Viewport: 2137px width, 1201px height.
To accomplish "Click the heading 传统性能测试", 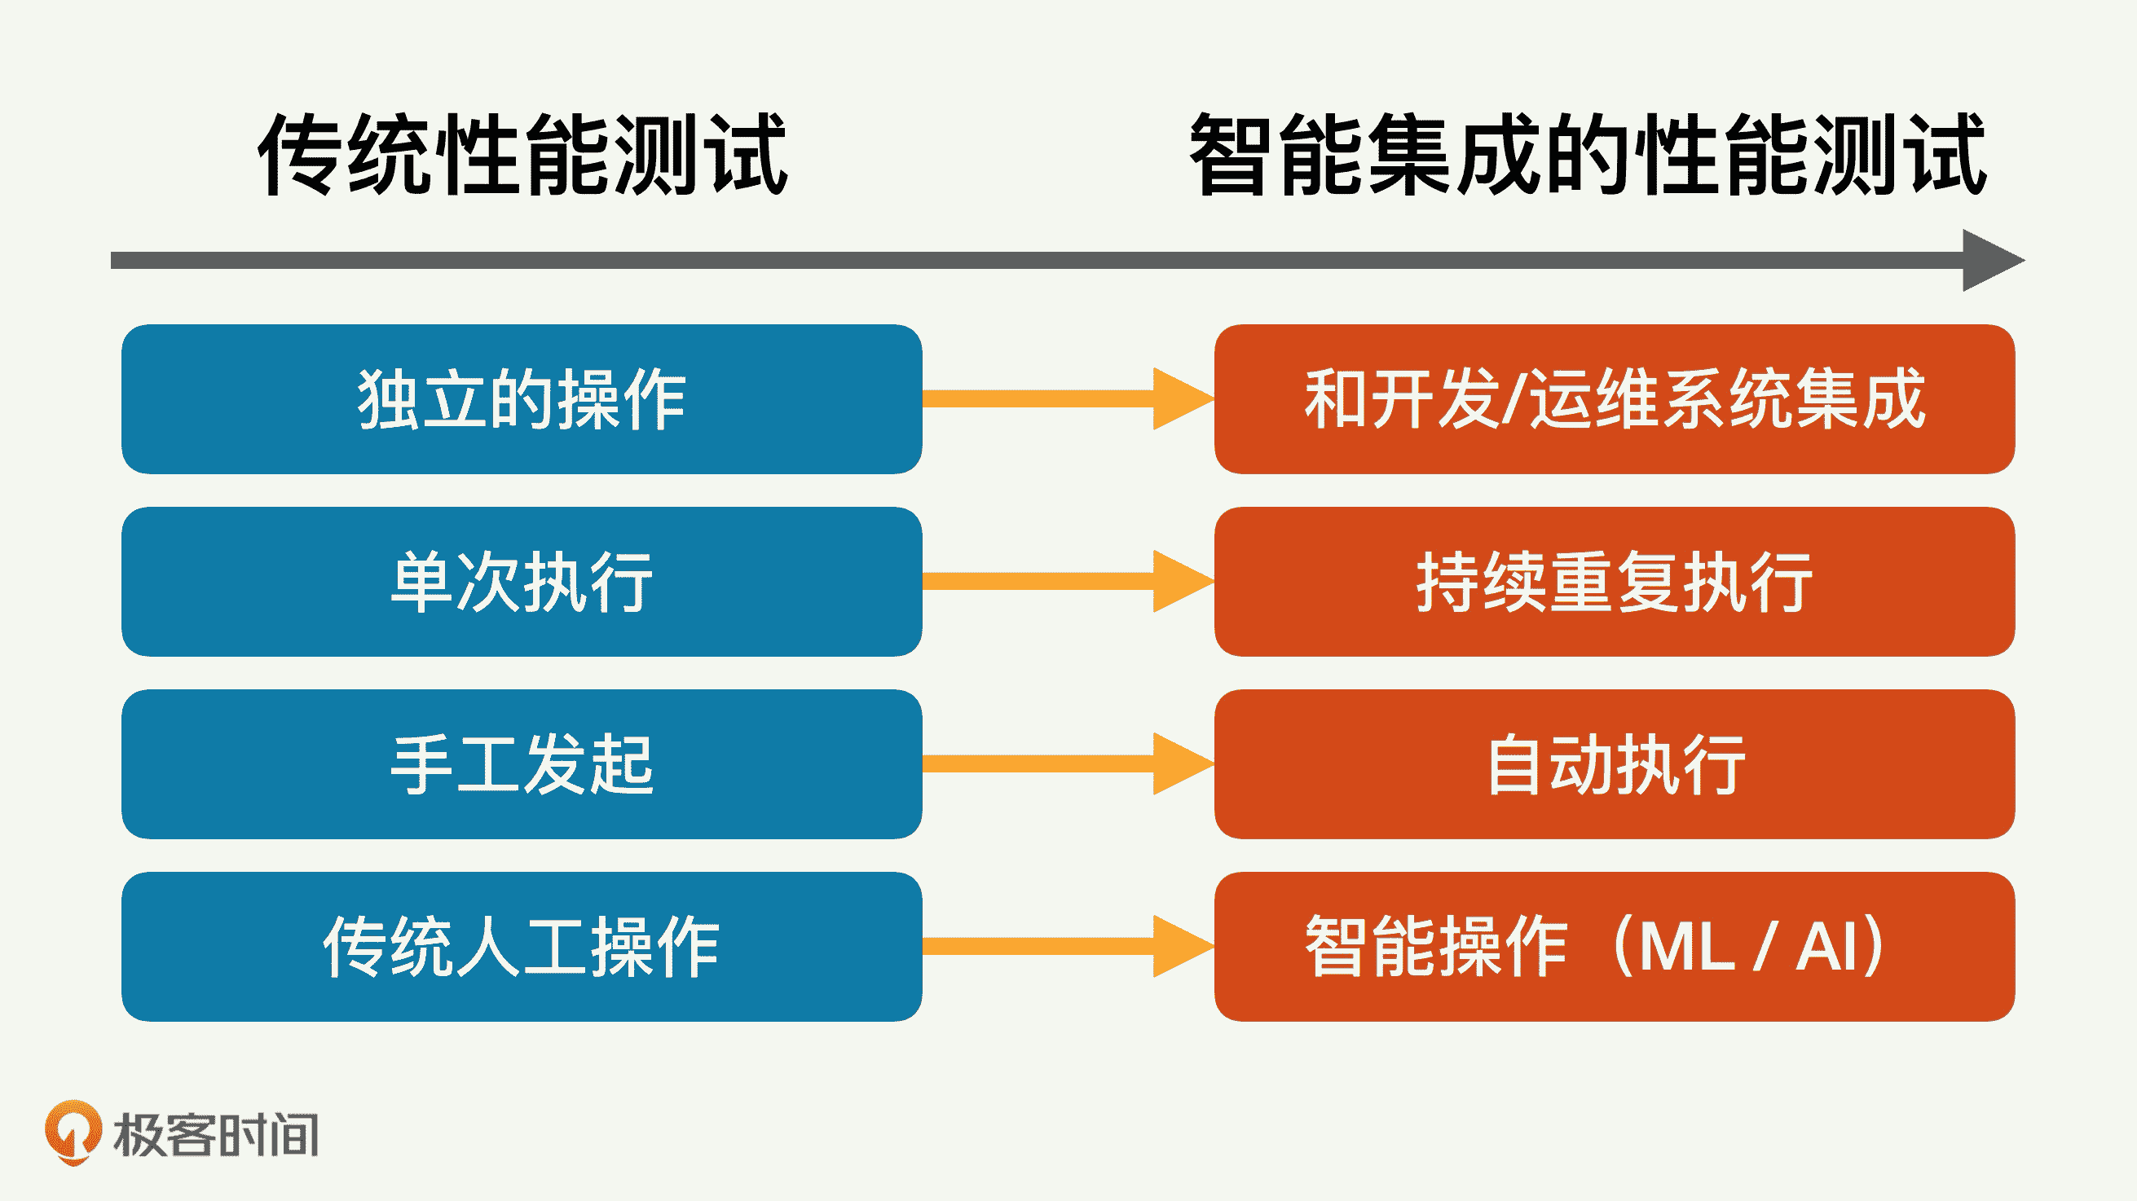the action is click(x=522, y=155).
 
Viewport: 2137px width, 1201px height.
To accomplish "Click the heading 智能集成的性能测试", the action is click(x=1587, y=155).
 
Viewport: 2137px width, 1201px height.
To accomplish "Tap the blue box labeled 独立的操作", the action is click(x=522, y=399).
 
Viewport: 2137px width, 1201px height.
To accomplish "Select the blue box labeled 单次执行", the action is click(x=522, y=582).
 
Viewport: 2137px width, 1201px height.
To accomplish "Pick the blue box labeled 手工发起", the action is click(x=522, y=764).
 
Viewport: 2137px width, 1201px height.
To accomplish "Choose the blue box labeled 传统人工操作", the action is click(x=522, y=946).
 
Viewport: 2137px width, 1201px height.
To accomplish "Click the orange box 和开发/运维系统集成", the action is click(x=1615, y=399).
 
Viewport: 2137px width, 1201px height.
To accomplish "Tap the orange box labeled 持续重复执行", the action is click(x=1615, y=582).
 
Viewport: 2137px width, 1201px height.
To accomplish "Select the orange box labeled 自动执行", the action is click(x=1615, y=764).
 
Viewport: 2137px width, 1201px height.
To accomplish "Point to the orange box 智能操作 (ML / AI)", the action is click(x=1615, y=946).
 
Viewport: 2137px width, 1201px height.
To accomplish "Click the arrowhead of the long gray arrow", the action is click(x=1991, y=261).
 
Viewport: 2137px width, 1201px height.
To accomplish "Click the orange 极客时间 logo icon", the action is click(x=73, y=1131).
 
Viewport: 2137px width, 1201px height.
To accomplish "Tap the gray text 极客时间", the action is click(x=216, y=1135).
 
